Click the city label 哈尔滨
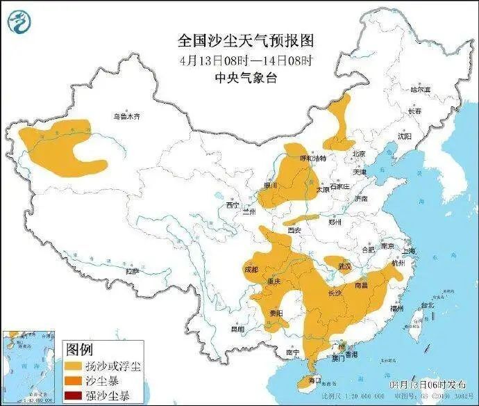pyautogui.click(x=420, y=90)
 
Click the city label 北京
pyautogui.click(x=358, y=154)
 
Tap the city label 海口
pyautogui.click(x=314, y=380)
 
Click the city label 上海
pyautogui.click(x=409, y=251)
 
